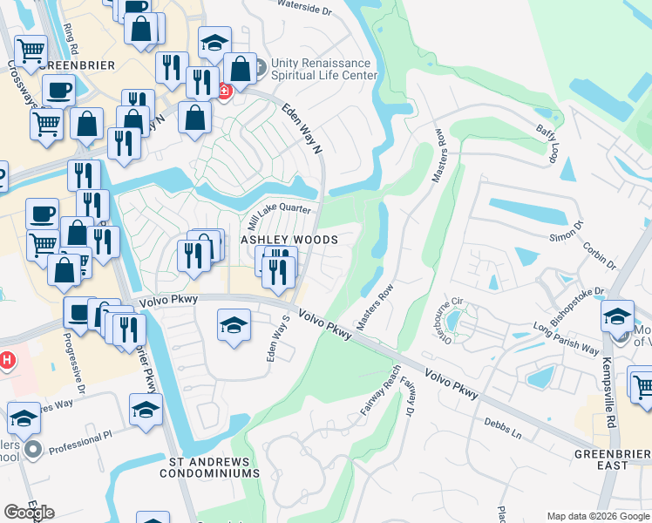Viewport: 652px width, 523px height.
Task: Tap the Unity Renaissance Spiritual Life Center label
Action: (323, 69)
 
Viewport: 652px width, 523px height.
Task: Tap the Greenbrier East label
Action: (612, 459)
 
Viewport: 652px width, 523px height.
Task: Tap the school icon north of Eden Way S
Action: (233, 326)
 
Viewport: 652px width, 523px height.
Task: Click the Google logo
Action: (29, 512)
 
